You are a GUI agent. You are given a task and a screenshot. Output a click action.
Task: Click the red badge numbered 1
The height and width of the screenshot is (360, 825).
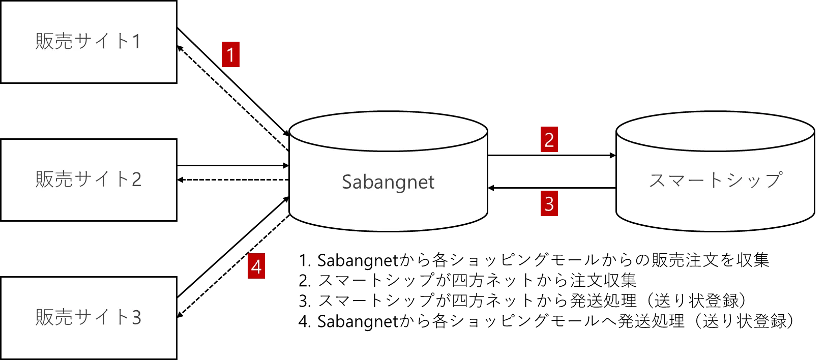230,55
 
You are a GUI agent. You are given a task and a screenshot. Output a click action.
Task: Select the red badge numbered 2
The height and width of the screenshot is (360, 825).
549,140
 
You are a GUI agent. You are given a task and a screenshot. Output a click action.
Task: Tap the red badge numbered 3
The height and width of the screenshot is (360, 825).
549,204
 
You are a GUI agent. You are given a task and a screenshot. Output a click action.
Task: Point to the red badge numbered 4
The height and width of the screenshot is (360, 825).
256,267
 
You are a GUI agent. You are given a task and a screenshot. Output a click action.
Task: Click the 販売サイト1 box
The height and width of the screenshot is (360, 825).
89,42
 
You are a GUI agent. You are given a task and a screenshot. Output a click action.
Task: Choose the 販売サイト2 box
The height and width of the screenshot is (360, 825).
89,180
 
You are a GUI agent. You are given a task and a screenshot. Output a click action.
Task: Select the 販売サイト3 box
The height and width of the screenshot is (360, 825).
89,318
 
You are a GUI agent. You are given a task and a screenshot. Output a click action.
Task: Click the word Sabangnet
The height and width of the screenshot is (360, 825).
388,182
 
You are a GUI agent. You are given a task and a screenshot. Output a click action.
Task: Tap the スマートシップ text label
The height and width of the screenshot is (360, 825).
715,180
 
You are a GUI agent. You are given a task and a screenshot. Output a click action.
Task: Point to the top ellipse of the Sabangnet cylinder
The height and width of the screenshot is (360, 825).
388,131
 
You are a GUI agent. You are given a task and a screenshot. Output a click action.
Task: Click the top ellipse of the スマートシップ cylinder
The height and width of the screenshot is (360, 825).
715,131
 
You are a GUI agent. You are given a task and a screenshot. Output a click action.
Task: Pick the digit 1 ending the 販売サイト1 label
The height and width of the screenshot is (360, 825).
136,42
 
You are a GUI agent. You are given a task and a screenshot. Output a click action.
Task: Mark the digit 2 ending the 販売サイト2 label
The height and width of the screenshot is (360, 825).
136,180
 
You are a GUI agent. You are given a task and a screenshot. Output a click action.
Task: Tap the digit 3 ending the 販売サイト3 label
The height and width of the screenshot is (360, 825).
136,318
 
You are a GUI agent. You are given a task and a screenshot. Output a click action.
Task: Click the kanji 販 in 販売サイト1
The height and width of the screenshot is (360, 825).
44,42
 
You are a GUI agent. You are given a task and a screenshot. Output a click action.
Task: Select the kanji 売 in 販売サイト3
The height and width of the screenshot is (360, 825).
64,318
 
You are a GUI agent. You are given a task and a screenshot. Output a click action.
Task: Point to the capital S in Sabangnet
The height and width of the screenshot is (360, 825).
347,182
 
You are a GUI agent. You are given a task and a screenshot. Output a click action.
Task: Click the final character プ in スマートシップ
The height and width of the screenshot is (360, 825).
773,180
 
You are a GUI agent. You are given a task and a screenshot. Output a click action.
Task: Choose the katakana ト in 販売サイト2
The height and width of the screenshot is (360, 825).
122,180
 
